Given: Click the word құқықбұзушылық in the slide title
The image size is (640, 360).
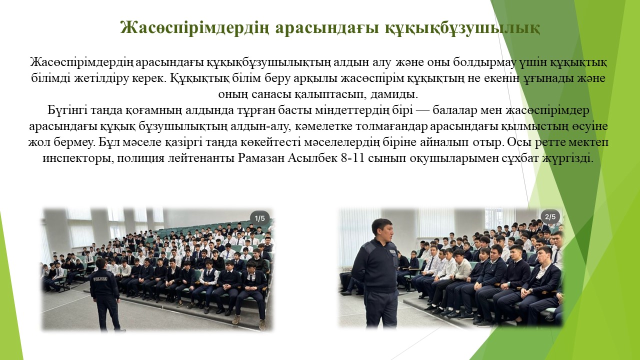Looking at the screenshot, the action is click(x=462, y=28).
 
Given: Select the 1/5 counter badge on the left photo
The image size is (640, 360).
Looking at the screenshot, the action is click(x=259, y=218).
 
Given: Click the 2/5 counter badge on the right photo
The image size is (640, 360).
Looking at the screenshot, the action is click(x=550, y=217).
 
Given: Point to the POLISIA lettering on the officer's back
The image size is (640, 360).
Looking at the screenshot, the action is click(x=99, y=278).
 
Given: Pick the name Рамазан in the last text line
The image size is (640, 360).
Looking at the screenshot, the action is click(x=260, y=158).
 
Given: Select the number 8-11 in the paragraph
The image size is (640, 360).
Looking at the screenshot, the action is click(x=353, y=158).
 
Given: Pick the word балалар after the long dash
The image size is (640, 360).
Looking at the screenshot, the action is click(x=455, y=110).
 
